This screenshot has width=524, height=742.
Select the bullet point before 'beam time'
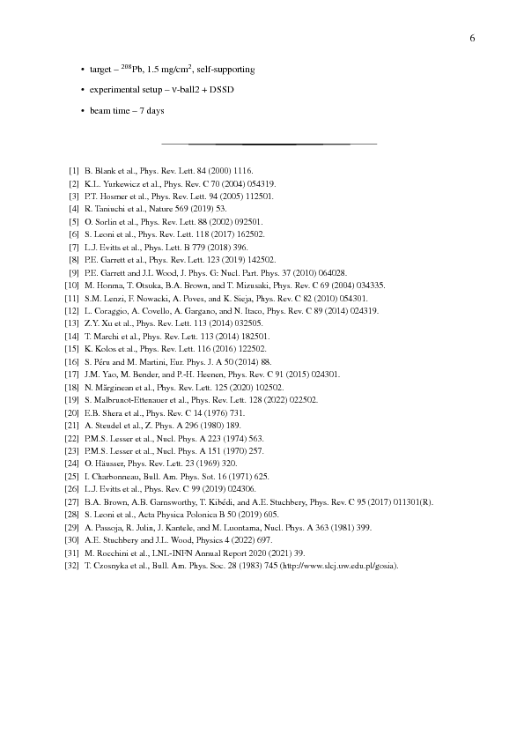[81, 111]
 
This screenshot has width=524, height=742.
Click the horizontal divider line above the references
[269, 143]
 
